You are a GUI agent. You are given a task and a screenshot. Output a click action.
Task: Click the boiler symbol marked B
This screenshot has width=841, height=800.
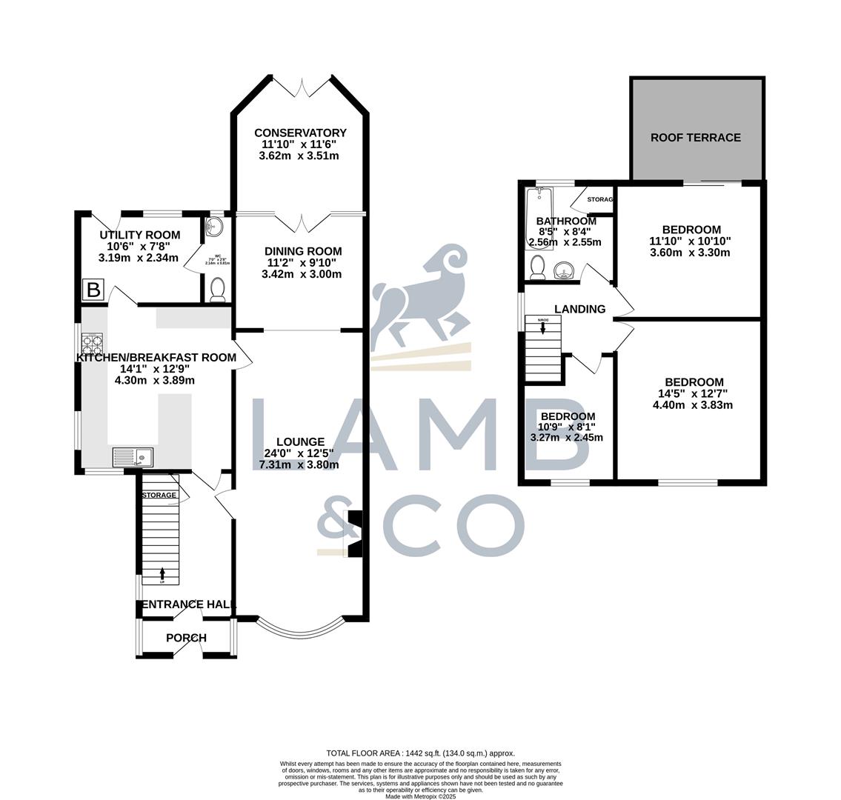[x=93, y=290]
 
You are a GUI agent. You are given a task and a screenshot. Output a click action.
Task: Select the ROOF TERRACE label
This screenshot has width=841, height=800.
[x=696, y=137]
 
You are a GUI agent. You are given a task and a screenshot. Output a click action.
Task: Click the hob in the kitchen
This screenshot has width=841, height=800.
[x=92, y=347]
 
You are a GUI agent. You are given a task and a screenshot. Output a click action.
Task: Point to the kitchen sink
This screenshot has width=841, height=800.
[x=133, y=458]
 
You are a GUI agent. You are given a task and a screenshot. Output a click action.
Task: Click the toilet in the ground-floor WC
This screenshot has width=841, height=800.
[x=217, y=290]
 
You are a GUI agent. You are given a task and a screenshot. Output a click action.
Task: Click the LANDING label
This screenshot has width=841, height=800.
[x=579, y=309]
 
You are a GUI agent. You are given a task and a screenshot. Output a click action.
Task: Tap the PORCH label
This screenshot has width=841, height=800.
[x=186, y=638]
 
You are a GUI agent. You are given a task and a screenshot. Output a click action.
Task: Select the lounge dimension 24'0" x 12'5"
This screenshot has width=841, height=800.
[x=299, y=453]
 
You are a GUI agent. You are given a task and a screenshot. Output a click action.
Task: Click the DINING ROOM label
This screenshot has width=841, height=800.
[x=305, y=251]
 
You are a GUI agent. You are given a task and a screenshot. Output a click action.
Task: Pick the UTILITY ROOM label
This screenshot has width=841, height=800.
[x=140, y=235]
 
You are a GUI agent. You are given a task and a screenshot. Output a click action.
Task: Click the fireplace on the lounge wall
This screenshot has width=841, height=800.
[x=356, y=533]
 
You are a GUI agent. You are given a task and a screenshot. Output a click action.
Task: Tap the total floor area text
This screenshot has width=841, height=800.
[x=420, y=753]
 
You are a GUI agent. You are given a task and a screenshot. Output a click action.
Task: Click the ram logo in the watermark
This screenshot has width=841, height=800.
[x=419, y=296]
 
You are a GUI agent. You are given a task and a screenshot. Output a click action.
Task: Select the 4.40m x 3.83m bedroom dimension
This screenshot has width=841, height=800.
[x=693, y=405]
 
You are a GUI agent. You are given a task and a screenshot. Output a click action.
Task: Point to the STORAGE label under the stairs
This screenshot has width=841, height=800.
[x=159, y=495]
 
